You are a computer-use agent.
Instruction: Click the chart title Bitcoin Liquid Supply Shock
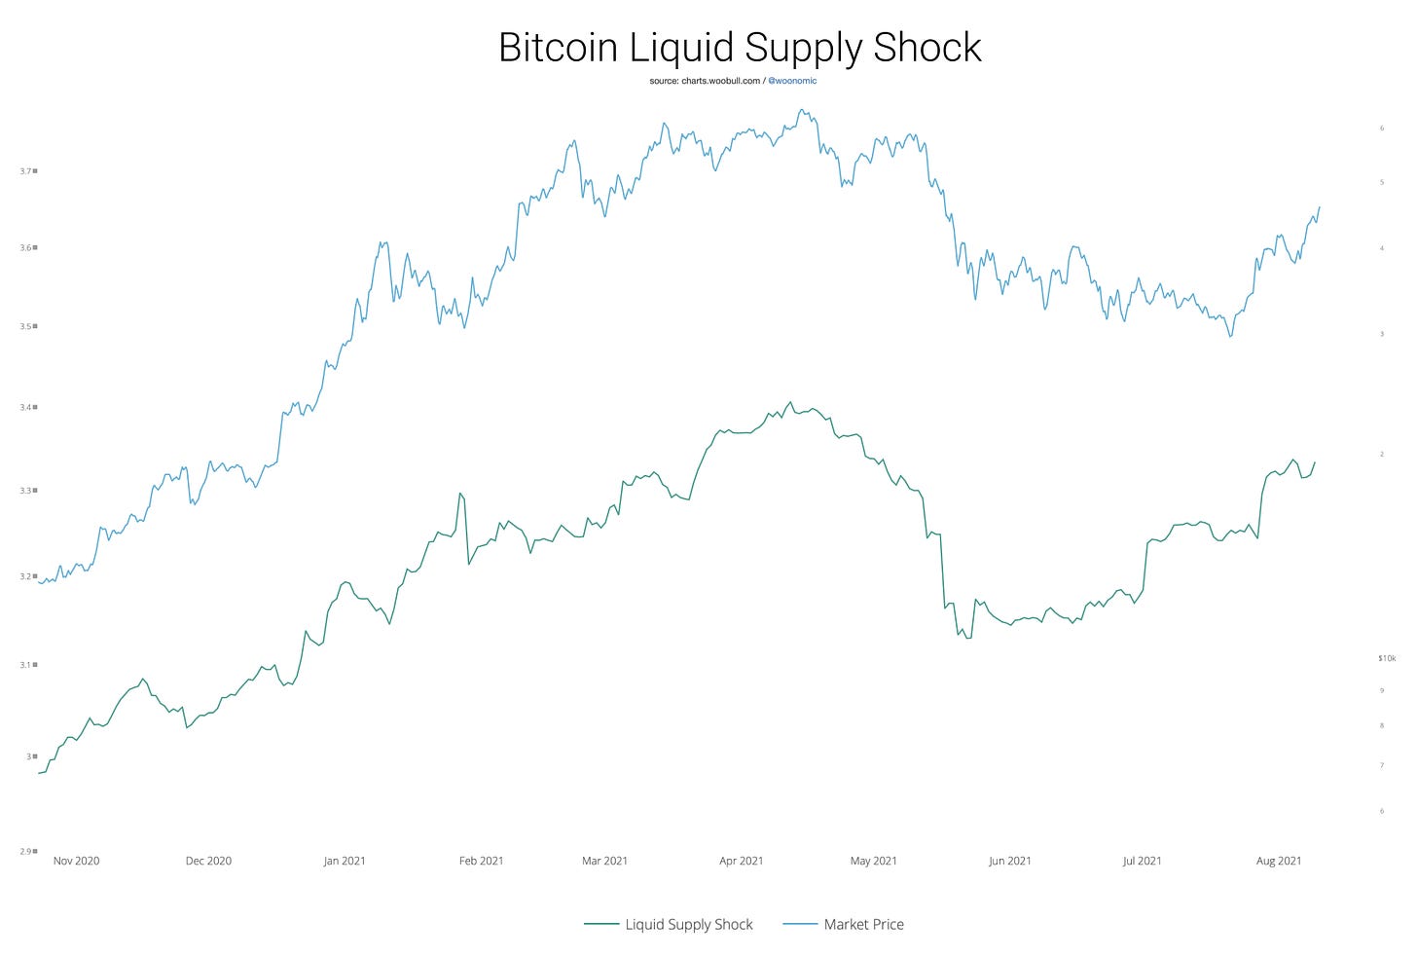(x=740, y=47)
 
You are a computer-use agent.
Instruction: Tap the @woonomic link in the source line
(x=792, y=81)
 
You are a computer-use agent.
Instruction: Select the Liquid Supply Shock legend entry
(x=688, y=925)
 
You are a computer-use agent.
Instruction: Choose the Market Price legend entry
(x=863, y=925)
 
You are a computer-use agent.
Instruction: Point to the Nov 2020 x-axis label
(x=76, y=861)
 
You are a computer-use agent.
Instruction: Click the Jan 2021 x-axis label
(x=345, y=861)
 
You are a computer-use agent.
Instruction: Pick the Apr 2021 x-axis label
(x=741, y=861)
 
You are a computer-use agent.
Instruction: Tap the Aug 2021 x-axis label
(x=1279, y=861)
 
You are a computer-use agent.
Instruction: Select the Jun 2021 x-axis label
(x=1009, y=861)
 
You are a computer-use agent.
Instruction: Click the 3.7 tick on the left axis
(x=26, y=171)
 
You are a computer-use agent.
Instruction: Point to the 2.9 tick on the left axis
(x=26, y=852)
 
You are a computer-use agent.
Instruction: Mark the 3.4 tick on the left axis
(x=26, y=407)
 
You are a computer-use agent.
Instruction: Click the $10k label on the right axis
(x=1387, y=659)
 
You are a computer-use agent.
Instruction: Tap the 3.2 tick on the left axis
(x=26, y=576)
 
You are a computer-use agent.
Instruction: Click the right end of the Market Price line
(x=1320, y=206)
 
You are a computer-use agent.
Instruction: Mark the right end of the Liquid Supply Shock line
(x=1315, y=462)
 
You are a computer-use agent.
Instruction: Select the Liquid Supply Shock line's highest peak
(x=790, y=402)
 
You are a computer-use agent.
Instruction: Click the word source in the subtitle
(x=664, y=81)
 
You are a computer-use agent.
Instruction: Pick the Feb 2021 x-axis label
(x=481, y=861)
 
